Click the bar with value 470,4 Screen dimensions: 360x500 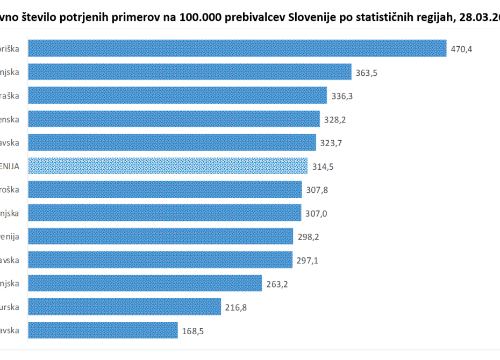[237, 48]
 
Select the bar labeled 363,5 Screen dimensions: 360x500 [189, 72]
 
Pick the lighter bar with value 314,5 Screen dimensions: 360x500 [168, 166]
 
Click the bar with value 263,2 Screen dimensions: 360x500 [145, 283]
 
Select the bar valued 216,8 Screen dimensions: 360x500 [124, 307]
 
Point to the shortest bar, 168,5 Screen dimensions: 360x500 [102, 330]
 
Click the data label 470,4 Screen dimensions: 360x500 [461, 49]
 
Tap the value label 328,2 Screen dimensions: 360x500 [335, 120]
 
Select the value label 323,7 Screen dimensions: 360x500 [331, 143]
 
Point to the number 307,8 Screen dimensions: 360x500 [317, 190]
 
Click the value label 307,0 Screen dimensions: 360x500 [316, 213]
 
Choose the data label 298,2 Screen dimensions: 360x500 [308, 237]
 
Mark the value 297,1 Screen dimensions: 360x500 [308, 261]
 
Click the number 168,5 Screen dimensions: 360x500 [192, 331]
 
